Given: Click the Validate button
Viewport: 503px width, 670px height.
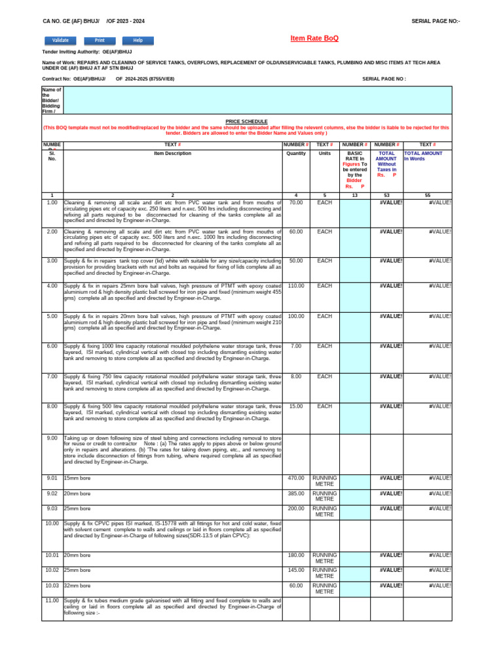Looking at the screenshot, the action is [60, 41].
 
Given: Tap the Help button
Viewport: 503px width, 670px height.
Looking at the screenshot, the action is [138, 41].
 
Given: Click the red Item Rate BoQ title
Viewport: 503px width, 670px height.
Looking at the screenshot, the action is [314, 39].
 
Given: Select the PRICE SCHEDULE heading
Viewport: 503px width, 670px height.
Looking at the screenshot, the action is [246, 122].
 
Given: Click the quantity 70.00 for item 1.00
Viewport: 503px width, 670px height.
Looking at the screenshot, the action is [295, 203].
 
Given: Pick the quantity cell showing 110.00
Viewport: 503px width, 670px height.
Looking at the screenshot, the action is [295, 286].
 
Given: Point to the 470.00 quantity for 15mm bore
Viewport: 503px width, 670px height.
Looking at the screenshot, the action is [295, 478].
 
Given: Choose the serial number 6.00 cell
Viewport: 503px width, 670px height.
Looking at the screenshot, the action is [52, 346].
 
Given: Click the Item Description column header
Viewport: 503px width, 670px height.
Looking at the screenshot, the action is [173, 154].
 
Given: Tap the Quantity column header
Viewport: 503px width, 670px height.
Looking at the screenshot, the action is [296, 154].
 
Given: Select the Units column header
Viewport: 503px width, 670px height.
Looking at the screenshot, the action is [324, 154].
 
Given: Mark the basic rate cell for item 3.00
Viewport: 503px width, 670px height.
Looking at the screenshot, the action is [354, 268].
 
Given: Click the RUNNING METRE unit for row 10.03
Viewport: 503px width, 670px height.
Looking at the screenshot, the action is [324, 588].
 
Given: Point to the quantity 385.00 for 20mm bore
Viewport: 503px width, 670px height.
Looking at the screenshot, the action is [295, 493].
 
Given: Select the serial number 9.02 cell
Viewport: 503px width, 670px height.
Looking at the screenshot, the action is [52, 493].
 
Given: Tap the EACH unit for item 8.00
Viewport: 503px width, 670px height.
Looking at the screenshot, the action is [324, 406].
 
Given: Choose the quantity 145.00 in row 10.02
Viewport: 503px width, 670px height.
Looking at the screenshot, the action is [295, 570].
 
